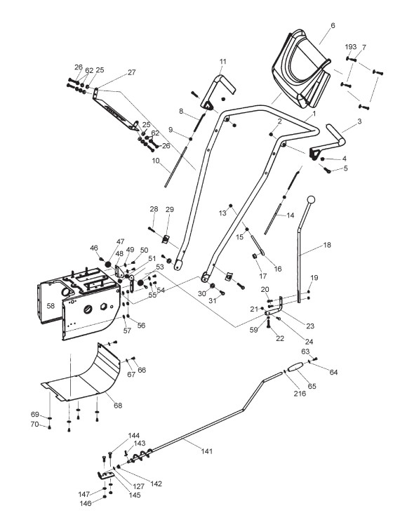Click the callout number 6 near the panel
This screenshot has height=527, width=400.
click(x=333, y=25)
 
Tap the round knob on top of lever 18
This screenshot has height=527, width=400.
click(x=312, y=199)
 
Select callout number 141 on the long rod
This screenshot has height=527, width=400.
click(x=207, y=451)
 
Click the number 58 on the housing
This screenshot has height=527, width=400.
click(x=51, y=306)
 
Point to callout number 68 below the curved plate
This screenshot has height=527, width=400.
click(x=118, y=406)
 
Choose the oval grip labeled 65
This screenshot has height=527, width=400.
click(x=295, y=367)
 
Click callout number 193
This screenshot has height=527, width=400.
click(x=351, y=47)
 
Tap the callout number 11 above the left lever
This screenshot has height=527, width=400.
click(x=223, y=62)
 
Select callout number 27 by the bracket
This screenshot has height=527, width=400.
click(x=131, y=72)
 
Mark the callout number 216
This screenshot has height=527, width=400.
click(x=300, y=393)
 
